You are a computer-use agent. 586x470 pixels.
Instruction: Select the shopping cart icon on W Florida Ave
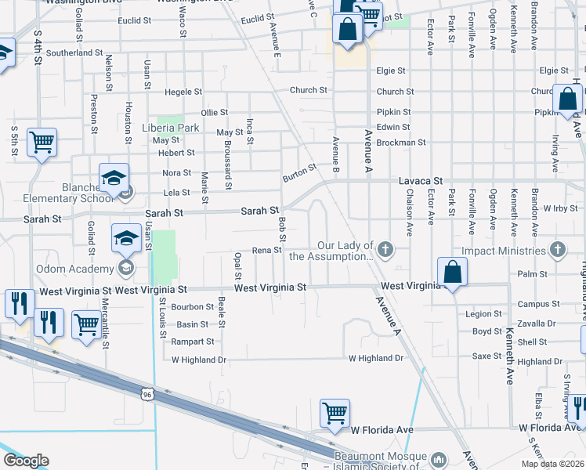(335, 412)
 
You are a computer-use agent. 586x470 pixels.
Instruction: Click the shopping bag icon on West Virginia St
(453, 272)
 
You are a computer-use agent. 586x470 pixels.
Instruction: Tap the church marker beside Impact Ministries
(557, 251)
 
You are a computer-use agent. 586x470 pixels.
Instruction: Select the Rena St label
(266, 251)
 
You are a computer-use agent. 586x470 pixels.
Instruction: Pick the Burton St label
(300, 172)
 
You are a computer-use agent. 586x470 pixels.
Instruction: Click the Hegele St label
(184, 92)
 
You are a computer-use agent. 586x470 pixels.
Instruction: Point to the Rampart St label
(195, 342)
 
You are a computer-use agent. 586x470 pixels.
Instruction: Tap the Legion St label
(483, 314)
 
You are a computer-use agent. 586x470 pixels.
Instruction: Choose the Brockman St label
(400, 143)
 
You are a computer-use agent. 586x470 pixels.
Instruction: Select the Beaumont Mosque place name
(380, 457)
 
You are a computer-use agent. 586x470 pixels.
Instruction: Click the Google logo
(26, 461)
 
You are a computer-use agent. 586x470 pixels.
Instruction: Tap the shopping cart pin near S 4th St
(42, 143)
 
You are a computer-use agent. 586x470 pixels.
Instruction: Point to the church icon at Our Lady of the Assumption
(384, 251)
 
